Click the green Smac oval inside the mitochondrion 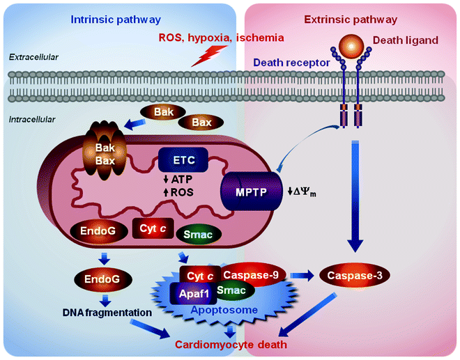199,235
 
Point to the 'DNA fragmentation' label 105,313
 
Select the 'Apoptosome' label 227,310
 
